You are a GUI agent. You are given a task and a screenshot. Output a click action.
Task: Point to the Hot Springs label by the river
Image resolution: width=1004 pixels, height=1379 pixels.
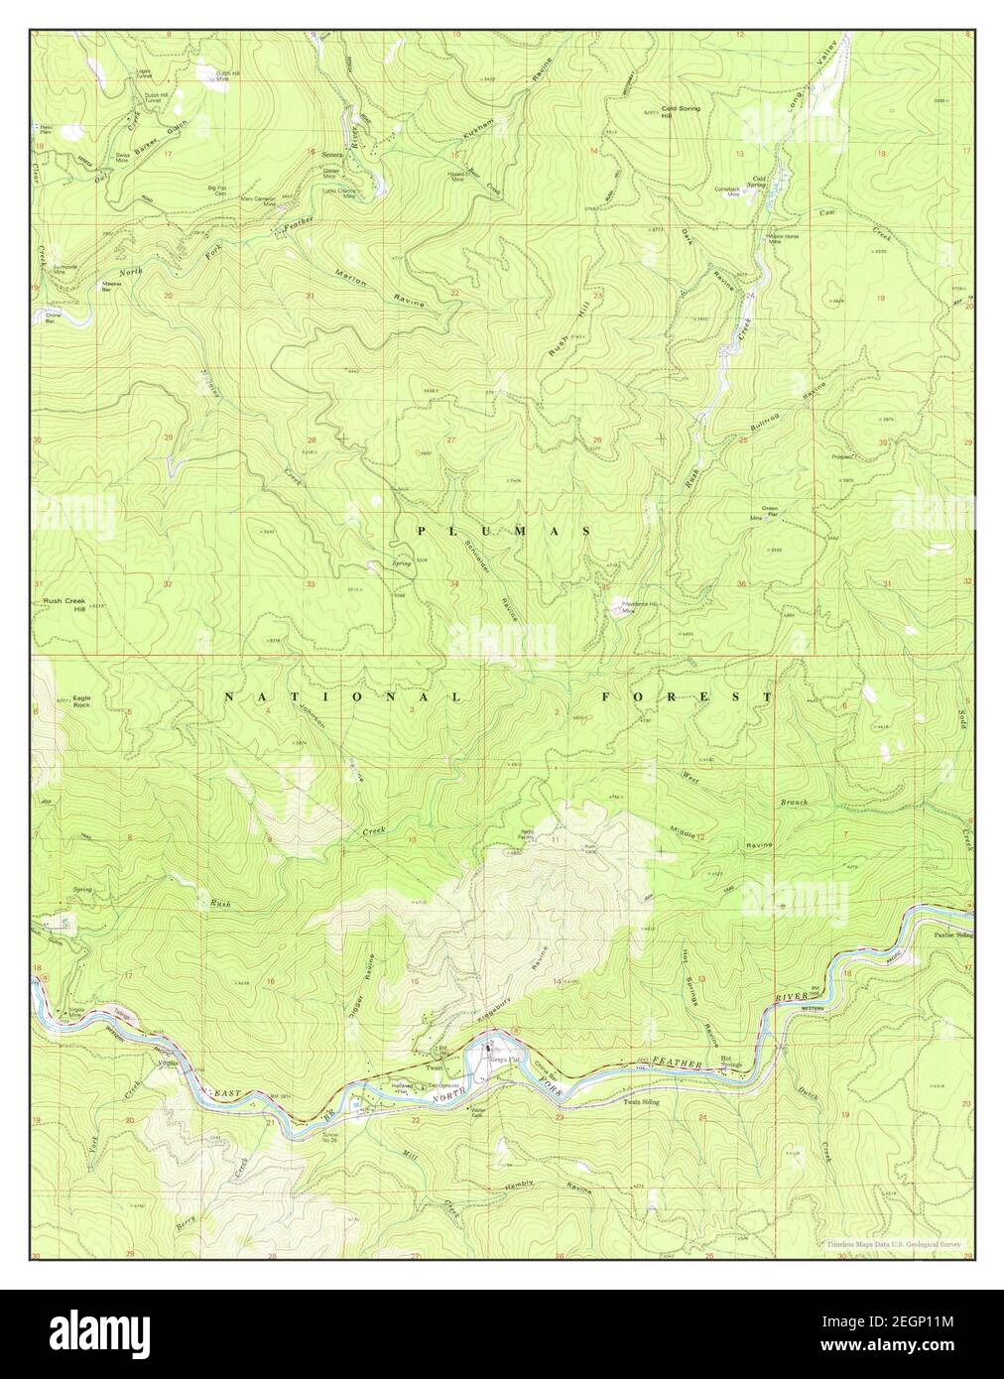pos(731,1062)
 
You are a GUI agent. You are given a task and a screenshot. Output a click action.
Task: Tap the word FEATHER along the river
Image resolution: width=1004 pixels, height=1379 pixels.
pos(683,1064)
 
